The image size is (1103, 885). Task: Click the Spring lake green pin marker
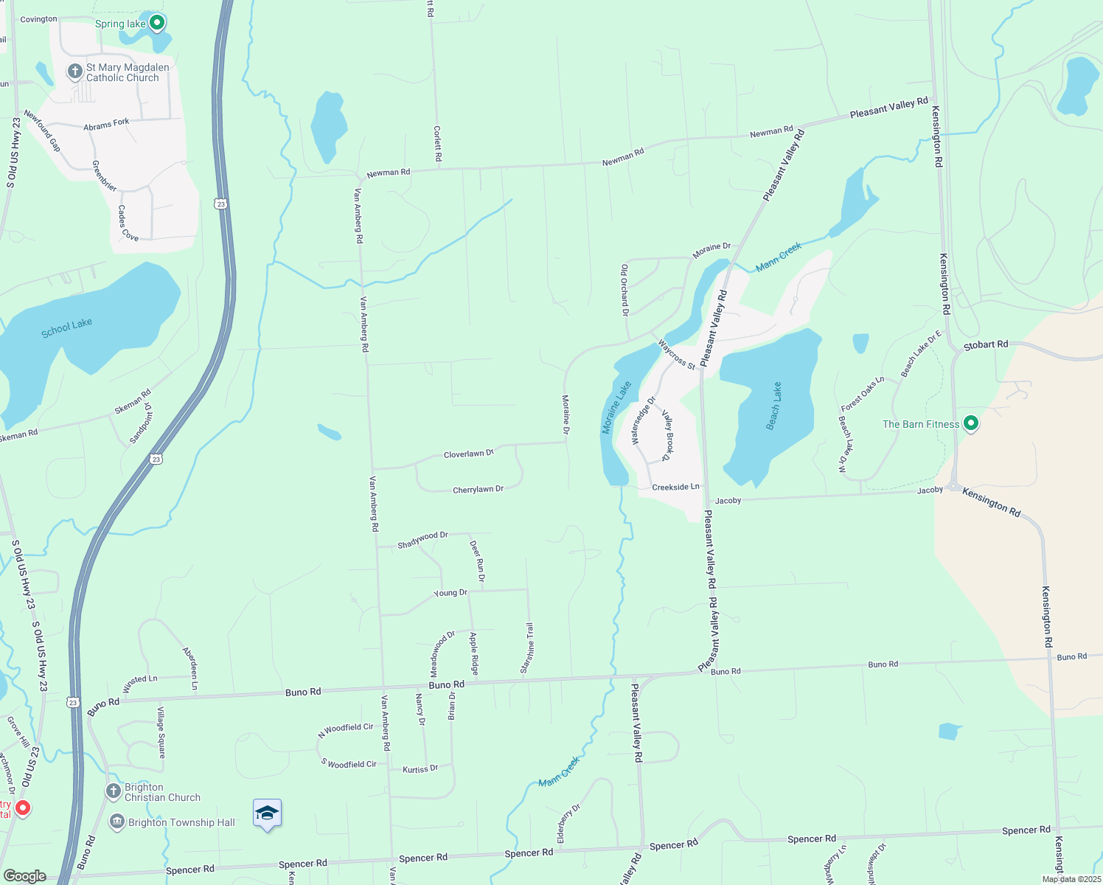click(156, 24)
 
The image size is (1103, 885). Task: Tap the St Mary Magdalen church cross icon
click(74, 72)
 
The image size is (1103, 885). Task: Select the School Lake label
click(66, 327)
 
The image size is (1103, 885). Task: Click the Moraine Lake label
click(617, 407)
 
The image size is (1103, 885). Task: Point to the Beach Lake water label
click(773, 406)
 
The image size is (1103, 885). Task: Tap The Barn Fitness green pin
click(971, 423)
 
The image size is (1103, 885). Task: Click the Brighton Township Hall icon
click(117, 822)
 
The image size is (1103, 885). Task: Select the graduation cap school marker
click(267, 813)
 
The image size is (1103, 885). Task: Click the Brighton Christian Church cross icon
click(114, 791)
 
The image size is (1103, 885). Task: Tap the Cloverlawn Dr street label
click(468, 454)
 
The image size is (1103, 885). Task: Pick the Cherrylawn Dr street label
click(478, 490)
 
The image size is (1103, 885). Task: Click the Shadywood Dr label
click(422, 540)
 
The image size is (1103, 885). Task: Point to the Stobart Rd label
click(986, 344)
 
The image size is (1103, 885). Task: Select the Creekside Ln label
click(675, 487)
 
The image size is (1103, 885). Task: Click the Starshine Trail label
click(526, 648)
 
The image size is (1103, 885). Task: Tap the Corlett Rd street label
click(437, 144)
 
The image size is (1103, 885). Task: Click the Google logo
click(24, 876)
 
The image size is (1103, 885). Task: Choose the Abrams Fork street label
click(106, 125)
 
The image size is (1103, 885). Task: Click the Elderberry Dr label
click(568, 824)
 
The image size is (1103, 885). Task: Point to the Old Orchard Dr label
click(624, 290)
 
